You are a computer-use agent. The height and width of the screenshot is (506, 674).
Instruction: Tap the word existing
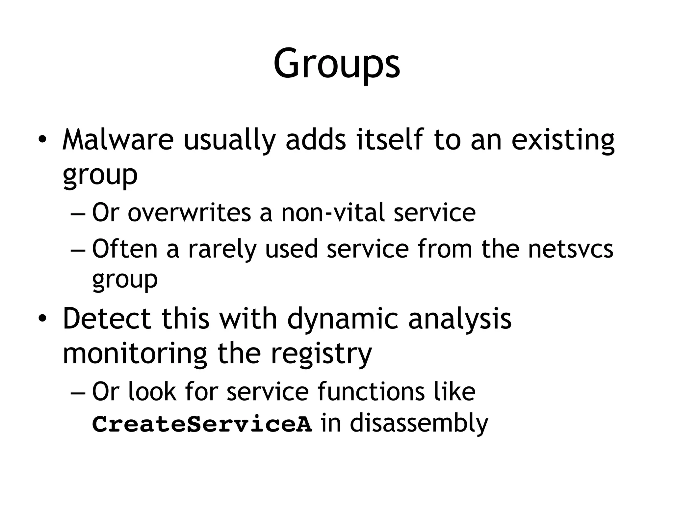[563, 140]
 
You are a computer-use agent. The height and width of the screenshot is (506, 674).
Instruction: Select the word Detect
[107, 318]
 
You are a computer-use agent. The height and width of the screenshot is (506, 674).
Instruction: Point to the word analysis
[460, 319]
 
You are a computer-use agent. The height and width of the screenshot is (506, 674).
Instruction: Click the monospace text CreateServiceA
[202, 425]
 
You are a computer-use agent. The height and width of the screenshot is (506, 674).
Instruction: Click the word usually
[229, 140]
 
